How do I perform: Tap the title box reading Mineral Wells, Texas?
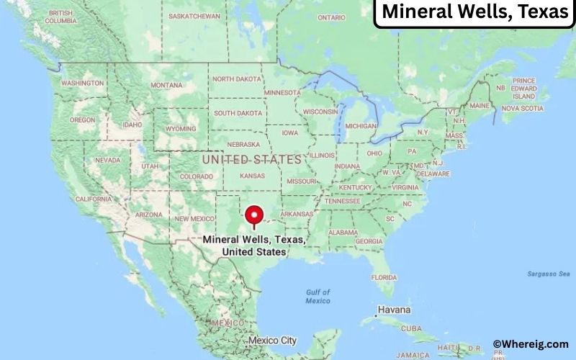[474, 12]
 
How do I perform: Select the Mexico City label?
[272, 340]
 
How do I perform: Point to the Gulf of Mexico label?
[318, 296]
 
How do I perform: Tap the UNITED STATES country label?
[251, 159]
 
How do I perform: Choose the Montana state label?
[166, 85]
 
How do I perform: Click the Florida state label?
[384, 277]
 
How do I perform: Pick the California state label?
[94, 199]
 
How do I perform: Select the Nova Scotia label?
[521, 108]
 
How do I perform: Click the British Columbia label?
[60, 17]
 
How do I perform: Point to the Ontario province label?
[331, 17]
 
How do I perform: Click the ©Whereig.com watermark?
[531, 344]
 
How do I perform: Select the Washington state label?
[82, 84]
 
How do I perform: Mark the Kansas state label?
[251, 176]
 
